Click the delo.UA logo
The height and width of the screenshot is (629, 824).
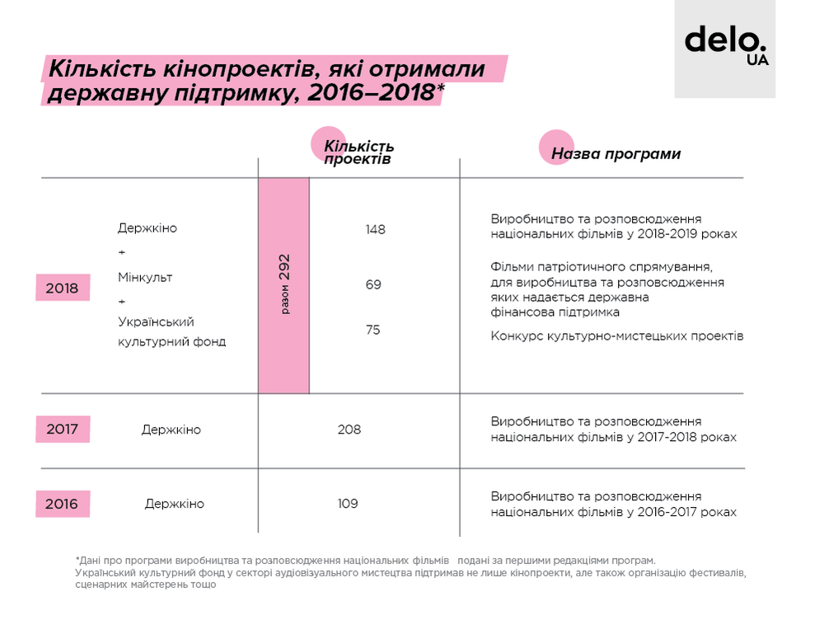725,48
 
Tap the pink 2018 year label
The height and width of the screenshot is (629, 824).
63,289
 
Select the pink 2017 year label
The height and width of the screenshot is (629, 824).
63,430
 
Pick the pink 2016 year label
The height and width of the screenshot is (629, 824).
63,504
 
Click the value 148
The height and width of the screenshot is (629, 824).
375,229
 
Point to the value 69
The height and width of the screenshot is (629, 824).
373,284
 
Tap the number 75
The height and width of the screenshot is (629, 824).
373,330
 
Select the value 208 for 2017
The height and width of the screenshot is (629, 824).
349,430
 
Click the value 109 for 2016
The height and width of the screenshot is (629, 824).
348,504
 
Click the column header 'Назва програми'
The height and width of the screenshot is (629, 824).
616,154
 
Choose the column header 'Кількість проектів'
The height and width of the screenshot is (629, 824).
358,153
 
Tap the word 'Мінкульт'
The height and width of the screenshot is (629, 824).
145,277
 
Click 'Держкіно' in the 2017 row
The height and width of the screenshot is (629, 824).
171,430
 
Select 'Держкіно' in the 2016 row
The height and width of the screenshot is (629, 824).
174,504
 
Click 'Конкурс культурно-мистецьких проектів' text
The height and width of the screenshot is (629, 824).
616,336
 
